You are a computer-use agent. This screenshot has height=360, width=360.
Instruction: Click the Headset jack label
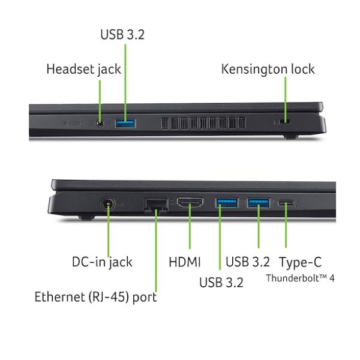(83, 69)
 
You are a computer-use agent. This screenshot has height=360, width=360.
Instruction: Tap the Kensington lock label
(268, 69)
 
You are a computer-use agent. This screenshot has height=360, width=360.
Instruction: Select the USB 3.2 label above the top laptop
(122, 35)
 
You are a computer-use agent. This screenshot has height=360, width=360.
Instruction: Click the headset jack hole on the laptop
(100, 124)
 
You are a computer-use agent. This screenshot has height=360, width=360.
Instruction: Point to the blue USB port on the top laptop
(125, 124)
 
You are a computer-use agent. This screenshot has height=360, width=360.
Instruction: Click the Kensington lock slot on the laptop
(284, 122)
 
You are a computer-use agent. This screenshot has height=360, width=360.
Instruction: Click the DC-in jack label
(102, 262)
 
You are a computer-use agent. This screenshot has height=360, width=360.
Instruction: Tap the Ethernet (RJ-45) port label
(96, 296)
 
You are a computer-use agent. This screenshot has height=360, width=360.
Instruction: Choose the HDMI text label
(184, 262)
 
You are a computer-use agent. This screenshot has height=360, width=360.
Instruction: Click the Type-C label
(301, 262)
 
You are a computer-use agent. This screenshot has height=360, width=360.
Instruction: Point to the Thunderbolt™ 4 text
(299, 278)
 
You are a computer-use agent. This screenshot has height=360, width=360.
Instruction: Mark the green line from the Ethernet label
(155, 252)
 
